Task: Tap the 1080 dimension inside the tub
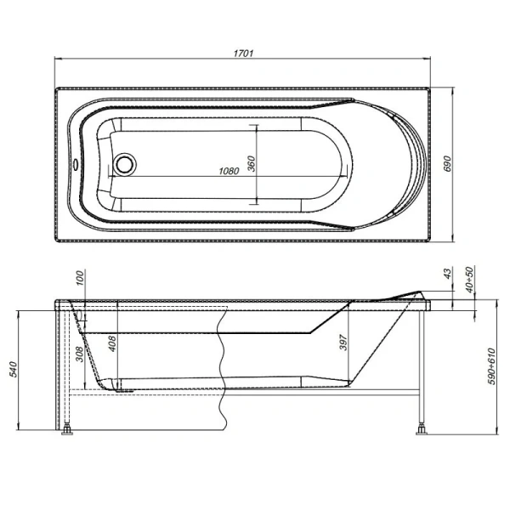228,171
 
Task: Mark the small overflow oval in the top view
78,167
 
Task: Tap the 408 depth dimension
112,344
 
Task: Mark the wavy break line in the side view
222,365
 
